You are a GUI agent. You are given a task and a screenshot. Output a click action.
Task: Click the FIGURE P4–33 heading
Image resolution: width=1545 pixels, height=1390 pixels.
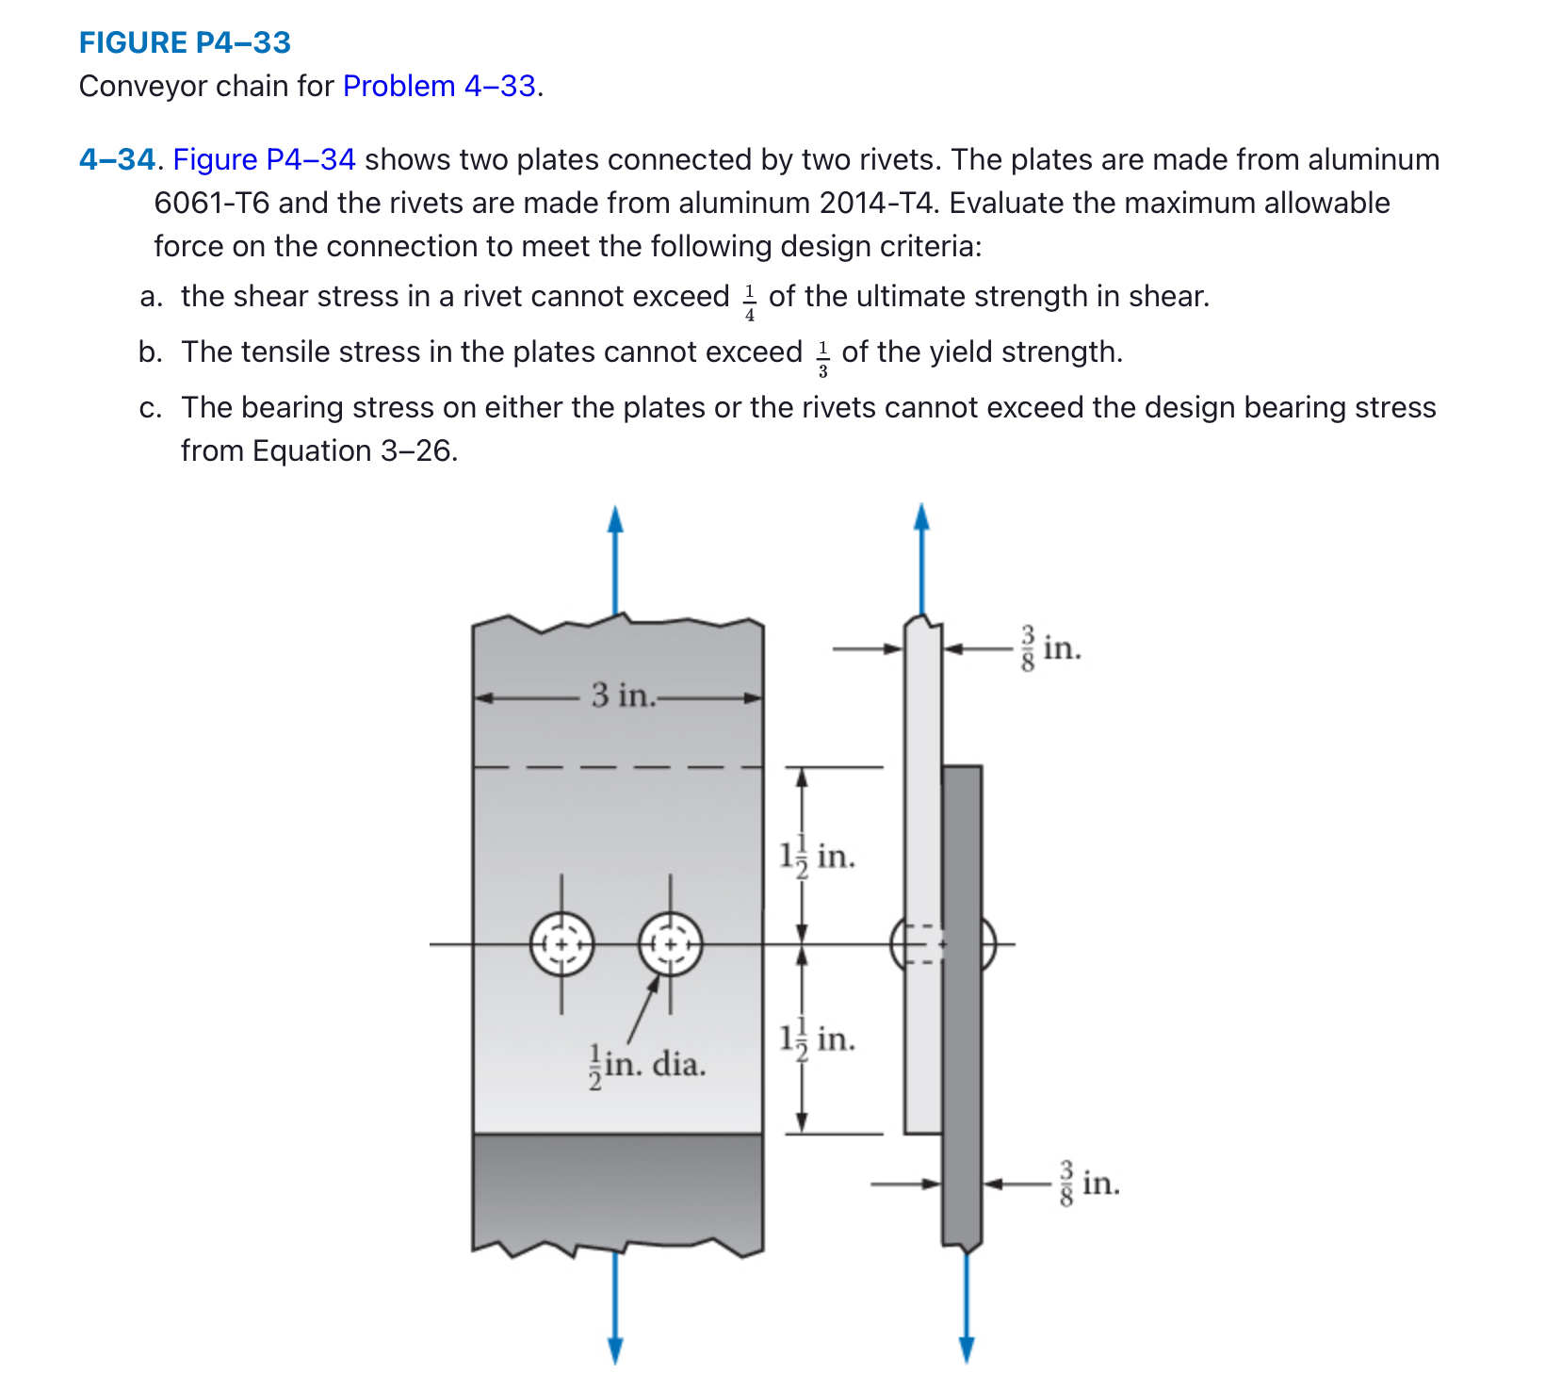tap(185, 42)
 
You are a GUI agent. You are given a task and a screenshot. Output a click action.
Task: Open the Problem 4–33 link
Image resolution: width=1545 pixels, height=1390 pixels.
tap(439, 86)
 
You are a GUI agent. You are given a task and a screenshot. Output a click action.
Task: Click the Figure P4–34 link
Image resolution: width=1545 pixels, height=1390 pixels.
tap(264, 159)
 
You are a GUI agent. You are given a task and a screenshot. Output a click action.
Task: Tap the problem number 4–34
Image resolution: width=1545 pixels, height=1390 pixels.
tap(116, 159)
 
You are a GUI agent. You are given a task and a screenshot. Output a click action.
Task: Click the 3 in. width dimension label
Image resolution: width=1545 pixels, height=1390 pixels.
tap(622, 695)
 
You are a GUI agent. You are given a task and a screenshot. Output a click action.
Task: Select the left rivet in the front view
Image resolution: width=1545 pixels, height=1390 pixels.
tap(562, 943)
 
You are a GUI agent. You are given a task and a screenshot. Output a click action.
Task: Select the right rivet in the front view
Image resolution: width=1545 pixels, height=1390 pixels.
tap(670, 943)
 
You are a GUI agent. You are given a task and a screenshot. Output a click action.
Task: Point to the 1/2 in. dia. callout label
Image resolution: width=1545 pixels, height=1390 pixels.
tap(647, 1066)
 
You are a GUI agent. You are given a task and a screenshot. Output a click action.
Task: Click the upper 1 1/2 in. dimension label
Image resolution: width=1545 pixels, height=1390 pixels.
tap(817, 856)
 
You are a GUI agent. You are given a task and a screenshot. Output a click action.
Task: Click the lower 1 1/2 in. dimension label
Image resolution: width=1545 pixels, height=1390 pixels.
tap(817, 1038)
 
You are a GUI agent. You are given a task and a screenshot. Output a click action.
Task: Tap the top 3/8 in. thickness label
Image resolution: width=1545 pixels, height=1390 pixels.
tap(1050, 647)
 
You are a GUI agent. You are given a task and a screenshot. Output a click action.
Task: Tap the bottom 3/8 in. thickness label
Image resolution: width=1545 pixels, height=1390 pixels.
tap(1089, 1183)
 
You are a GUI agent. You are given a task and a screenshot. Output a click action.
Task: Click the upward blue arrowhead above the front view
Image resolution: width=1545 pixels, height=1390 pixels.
tap(615, 520)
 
